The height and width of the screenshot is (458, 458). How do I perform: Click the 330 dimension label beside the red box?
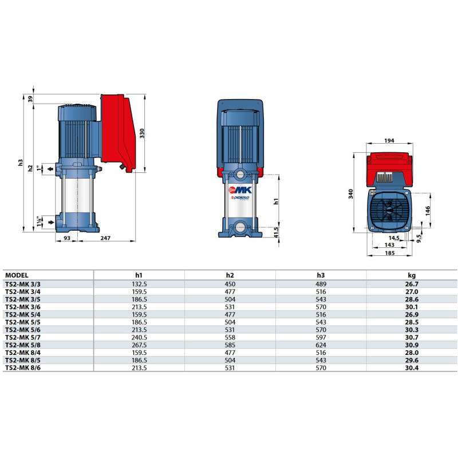point(142,133)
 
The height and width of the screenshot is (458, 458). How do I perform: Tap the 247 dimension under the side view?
point(105,238)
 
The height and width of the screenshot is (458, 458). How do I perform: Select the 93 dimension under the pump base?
point(67,238)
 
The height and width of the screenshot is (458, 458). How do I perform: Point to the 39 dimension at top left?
point(30,99)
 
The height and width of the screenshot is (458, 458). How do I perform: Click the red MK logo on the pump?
point(240,190)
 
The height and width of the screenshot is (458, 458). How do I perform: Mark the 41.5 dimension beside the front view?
point(277,232)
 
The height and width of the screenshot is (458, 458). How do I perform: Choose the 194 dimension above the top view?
point(389,140)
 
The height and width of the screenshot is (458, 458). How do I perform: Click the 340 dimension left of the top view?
point(350,194)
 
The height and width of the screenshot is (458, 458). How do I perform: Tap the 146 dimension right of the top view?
point(428,211)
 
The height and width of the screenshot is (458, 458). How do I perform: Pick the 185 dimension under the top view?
point(390,253)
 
